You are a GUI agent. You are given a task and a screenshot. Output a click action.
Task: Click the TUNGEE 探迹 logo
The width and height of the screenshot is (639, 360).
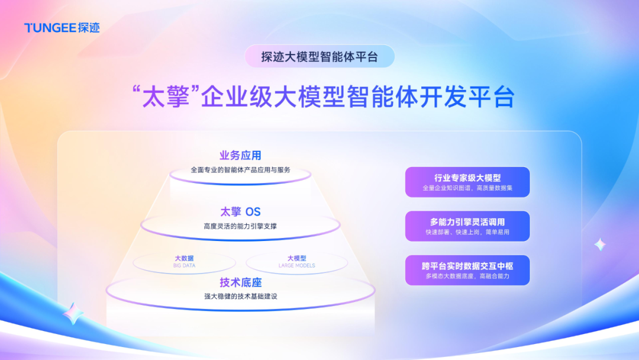62,28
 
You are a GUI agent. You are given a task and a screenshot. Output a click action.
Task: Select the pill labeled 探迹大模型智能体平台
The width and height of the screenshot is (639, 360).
319,56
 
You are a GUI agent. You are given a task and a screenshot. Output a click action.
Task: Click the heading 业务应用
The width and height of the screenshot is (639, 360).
240,155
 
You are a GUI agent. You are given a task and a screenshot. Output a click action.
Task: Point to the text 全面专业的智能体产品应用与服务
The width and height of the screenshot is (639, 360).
240,169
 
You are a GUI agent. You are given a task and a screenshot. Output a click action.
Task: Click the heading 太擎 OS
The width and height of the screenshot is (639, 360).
240,211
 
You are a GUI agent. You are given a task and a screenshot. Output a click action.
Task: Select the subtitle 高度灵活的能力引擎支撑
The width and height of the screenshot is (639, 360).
240,226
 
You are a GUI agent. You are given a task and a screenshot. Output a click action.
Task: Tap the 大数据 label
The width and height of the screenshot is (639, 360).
184,258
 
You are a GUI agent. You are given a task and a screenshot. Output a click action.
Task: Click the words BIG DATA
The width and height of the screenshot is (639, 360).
184,265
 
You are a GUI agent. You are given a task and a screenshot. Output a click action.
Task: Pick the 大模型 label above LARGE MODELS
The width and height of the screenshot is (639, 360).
296,258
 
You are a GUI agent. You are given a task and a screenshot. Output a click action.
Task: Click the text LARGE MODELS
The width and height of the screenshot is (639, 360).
296,265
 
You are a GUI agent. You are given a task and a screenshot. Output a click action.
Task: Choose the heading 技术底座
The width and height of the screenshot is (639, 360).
240,282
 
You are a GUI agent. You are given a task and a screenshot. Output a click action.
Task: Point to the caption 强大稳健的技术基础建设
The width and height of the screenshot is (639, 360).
240,297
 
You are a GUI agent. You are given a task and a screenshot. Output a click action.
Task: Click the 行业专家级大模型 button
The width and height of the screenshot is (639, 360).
467,182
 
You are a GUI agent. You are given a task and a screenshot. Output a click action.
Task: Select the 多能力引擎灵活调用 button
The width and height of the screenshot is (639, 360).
467,226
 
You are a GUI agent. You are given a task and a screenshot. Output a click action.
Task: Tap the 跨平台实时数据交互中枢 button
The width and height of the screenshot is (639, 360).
467,270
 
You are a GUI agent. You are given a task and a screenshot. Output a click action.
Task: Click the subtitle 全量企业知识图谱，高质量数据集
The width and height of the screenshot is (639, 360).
467,188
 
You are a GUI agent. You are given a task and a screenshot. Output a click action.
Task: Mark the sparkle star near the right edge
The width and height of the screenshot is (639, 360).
600,245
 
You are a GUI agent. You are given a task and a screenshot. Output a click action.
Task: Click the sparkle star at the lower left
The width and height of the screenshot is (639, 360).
73,314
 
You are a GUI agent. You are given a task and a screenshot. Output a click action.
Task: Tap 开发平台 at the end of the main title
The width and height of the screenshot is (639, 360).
467,97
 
